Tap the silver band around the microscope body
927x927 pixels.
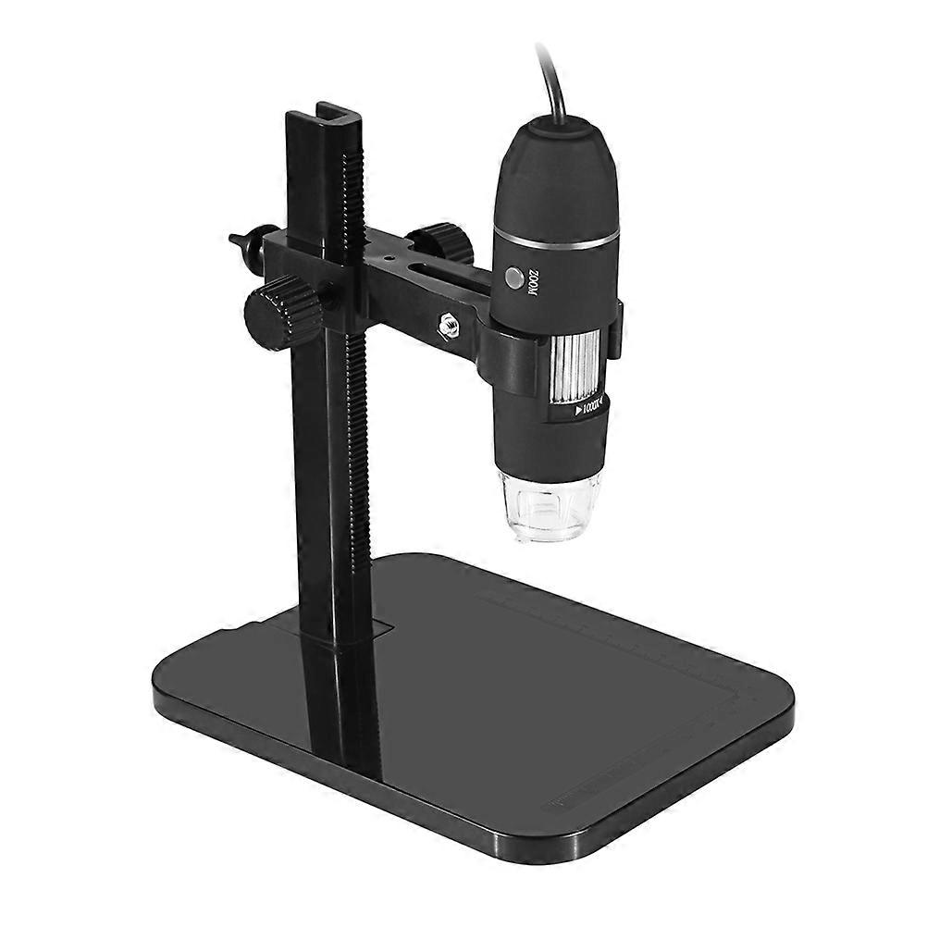tap(555, 242)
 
